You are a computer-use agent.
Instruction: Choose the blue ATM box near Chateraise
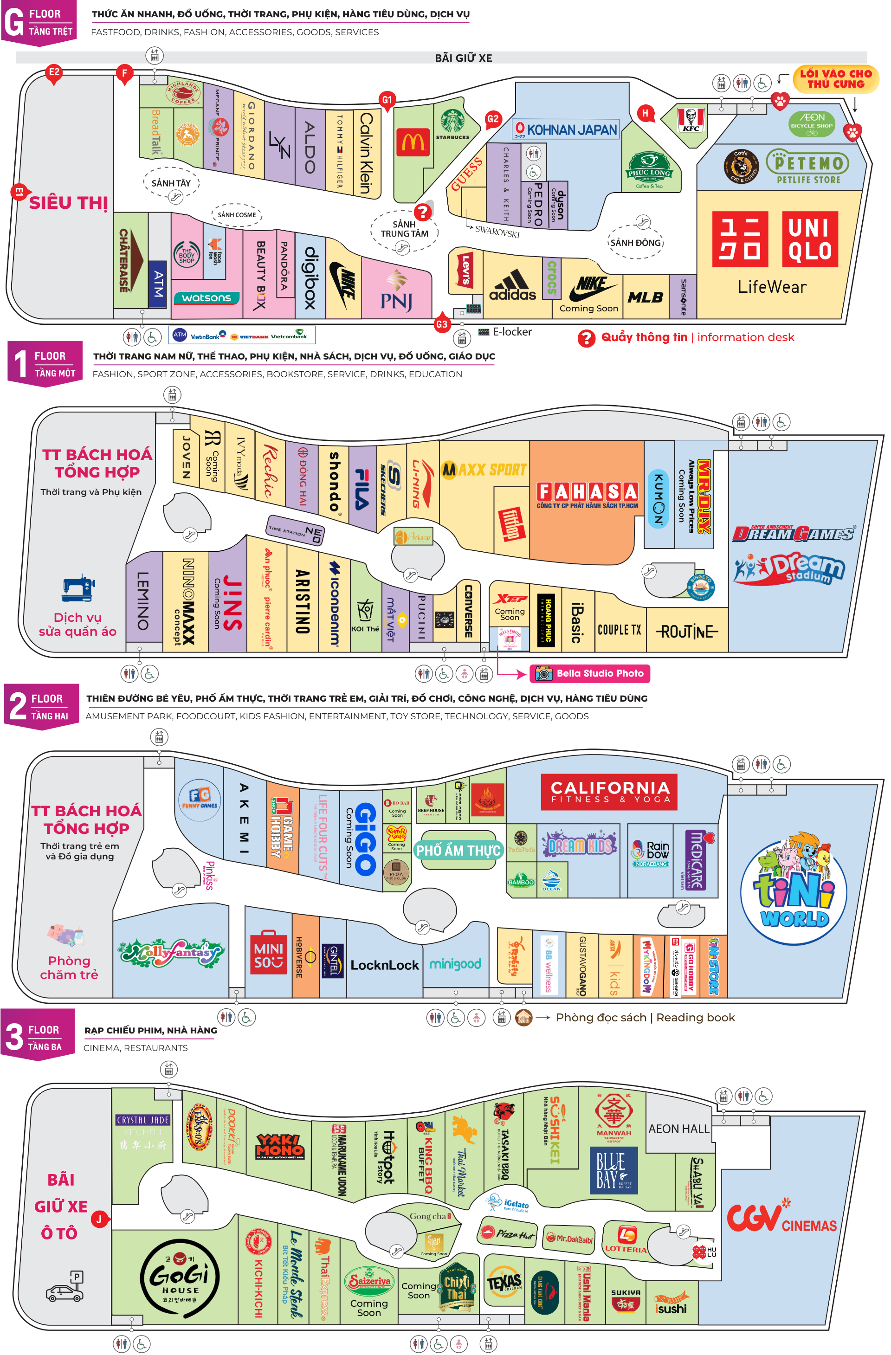tap(158, 284)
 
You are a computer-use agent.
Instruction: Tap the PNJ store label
tap(396, 293)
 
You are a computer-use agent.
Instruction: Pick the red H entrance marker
tap(645, 113)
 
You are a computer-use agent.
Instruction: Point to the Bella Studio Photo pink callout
tap(590, 673)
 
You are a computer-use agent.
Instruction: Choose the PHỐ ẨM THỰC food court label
tap(458, 851)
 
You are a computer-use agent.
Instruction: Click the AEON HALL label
tap(678, 1129)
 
